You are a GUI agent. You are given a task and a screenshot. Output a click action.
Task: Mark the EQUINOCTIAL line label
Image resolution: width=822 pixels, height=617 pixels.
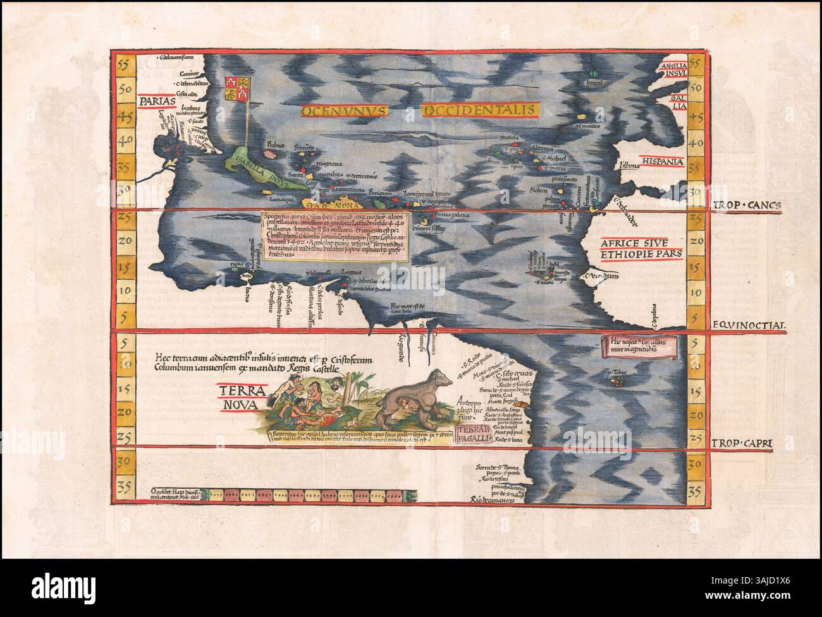[749, 326]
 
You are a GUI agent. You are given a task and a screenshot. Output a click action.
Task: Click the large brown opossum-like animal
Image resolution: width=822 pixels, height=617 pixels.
[412, 398]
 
